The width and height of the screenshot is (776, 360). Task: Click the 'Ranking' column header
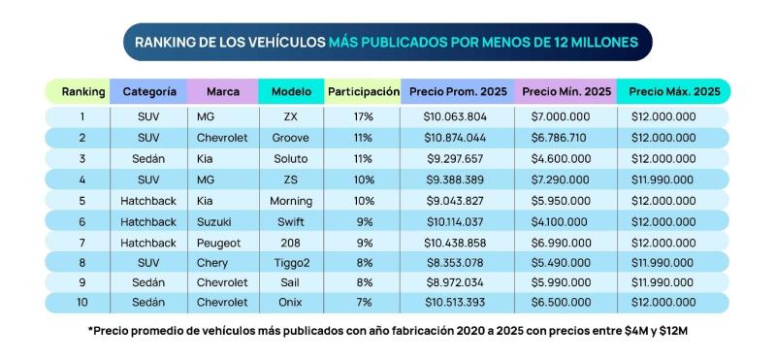(82, 91)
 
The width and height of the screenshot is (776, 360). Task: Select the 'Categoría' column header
(149, 91)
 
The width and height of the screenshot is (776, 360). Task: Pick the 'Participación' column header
(364, 91)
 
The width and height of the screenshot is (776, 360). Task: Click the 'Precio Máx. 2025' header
(674, 91)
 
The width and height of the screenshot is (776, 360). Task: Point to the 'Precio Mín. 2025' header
(566, 91)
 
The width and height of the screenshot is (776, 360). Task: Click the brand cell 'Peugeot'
(220, 243)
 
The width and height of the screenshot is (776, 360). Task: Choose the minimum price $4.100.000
(566, 221)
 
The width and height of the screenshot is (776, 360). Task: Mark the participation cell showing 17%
(364, 116)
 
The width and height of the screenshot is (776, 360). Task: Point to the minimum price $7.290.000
(566, 180)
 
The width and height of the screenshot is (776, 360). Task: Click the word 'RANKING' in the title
(165, 43)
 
